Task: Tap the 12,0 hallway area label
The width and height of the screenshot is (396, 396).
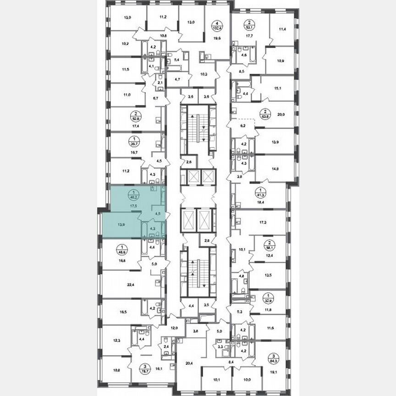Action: coord(174,328)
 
